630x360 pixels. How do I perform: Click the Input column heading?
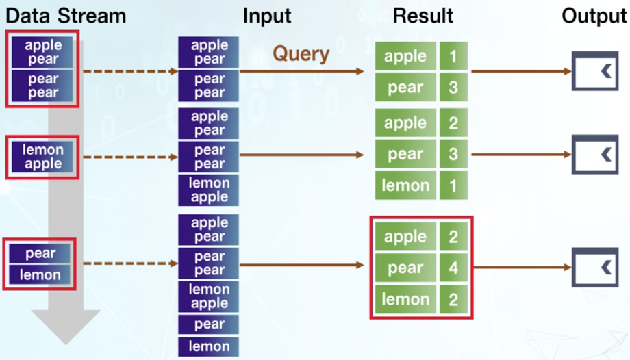[x=267, y=16]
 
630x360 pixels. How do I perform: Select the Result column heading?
[x=423, y=16]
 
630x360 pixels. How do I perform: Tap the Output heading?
[x=594, y=16]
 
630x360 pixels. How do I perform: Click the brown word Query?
[x=301, y=53]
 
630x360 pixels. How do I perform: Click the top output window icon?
[x=594, y=71]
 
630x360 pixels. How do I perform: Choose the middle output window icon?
[x=594, y=155]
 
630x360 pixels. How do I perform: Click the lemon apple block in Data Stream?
[x=43, y=157]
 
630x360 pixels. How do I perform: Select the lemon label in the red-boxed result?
[x=405, y=298]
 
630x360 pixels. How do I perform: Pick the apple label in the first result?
[x=405, y=56]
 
